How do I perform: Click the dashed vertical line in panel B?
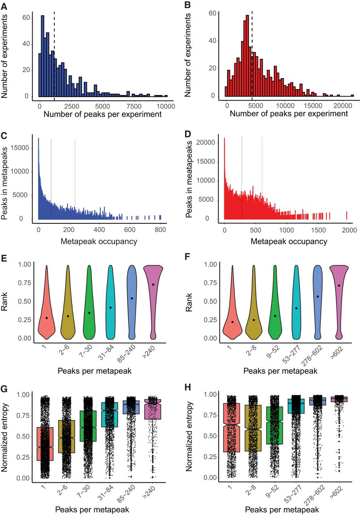[x=252, y=52]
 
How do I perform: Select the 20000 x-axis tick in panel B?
[x=341, y=106]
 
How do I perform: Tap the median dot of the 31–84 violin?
[x=110, y=307]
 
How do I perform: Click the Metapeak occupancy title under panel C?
[x=99, y=241]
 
